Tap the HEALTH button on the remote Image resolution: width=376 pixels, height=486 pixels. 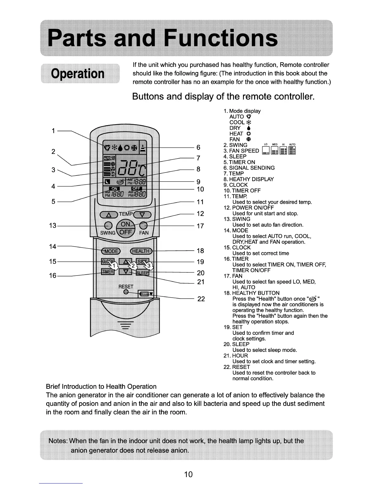click(x=141, y=251)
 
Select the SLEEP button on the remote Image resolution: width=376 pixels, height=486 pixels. click(x=143, y=273)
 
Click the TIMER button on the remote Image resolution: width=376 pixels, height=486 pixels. click(x=108, y=272)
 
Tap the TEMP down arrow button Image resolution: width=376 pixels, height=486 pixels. click(x=142, y=214)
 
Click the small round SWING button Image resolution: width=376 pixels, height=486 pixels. click(x=108, y=225)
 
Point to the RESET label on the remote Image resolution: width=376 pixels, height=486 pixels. click(x=126, y=287)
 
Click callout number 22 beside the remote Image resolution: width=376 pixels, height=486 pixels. click(x=201, y=299)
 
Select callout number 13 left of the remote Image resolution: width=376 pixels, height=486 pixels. click(x=53, y=226)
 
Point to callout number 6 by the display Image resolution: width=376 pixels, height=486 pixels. click(x=198, y=148)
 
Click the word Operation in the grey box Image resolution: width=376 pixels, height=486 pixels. click(x=78, y=74)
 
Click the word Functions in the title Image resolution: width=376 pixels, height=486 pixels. click(x=220, y=38)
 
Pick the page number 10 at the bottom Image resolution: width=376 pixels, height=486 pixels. click(x=188, y=474)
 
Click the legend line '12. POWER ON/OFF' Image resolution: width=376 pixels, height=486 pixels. click(x=249, y=208)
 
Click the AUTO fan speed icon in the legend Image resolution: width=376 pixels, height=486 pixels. click(x=292, y=150)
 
